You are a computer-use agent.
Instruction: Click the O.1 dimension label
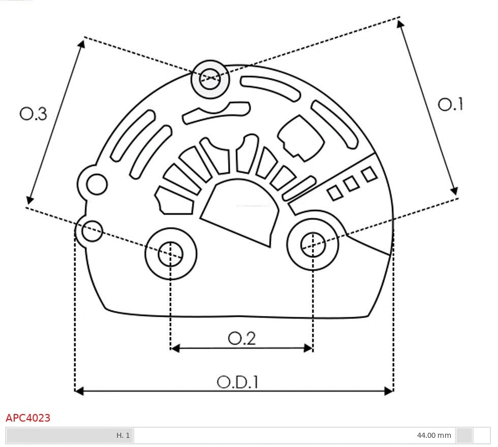pyautogui.click(x=450, y=105)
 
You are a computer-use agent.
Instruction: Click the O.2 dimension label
pyautogui.click(x=241, y=338)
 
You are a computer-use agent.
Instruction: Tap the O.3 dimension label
pyautogui.click(x=34, y=114)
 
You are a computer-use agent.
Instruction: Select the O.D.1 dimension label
pyautogui.click(x=238, y=381)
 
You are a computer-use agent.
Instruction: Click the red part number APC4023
pyautogui.click(x=28, y=418)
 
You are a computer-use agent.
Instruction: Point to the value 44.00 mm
pyautogui.click(x=433, y=435)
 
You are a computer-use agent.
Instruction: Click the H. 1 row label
pyautogui.click(x=123, y=435)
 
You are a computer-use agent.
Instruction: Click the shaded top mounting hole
pyautogui.click(x=210, y=79)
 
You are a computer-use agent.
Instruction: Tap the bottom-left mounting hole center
pyautogui.click(x=171, y=253)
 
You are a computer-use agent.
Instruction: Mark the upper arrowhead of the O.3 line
pyautogui.click(x=81, y=44)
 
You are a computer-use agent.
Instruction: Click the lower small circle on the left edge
pyautogui.click(x=92, y=231)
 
